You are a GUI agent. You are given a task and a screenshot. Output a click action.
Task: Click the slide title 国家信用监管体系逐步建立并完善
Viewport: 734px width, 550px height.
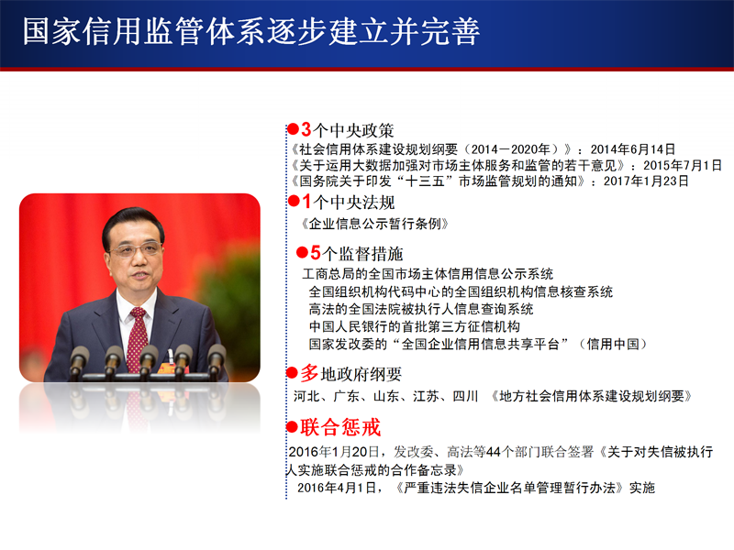[250, 32]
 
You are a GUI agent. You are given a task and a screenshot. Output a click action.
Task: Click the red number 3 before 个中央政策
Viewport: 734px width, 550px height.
[306, 129]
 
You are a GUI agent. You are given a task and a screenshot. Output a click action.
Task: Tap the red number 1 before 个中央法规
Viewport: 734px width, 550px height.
[307, 202]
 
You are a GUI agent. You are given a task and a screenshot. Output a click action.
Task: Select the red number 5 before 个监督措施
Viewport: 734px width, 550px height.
[316, 253]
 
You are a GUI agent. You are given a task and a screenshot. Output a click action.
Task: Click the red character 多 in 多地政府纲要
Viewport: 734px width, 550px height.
[309, 373]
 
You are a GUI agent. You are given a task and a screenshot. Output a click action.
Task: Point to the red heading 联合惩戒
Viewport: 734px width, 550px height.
[340, 427]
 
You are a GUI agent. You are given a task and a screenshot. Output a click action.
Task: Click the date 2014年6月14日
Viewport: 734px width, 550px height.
[632, 149]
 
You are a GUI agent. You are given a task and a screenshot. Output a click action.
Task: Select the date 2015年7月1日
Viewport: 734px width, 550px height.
[682, 166]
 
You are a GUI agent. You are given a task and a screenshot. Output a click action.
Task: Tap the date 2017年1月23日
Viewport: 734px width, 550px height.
[646, 181]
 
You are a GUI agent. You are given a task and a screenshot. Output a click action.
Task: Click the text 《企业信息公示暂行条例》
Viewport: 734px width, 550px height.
[375, 224]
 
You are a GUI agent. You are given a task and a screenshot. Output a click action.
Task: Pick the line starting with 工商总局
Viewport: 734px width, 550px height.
[428, 273]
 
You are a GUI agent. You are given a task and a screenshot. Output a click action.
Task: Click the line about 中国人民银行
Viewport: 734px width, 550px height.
[415, 326]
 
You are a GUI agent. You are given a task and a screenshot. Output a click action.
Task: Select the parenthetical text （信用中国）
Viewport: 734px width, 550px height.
[612, 345]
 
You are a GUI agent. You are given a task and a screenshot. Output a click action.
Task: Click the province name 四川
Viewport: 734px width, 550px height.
[465, 397]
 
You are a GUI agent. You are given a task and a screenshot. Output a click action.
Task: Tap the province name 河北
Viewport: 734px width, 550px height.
[306, 397]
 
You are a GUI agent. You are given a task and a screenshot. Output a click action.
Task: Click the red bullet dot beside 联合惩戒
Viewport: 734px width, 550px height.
[293, 426]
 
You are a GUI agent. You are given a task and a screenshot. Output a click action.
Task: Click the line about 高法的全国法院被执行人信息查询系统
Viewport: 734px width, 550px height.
[421, 309]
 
